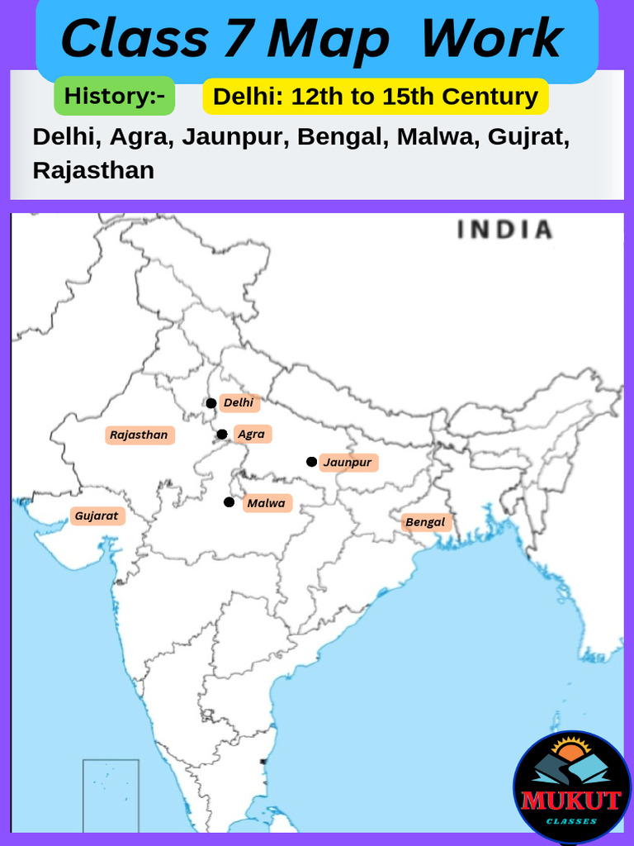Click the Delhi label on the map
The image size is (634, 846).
[239, 403]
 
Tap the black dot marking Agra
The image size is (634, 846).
[221, 435]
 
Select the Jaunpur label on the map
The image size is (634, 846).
[348, 462]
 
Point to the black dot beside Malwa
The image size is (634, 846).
[229, 502]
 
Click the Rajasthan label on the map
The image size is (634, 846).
[139, 435]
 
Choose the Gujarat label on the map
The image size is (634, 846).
[97, 516]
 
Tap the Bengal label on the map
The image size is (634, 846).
[425, 522]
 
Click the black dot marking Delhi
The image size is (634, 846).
[211, 403]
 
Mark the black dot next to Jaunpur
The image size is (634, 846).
[311, 462]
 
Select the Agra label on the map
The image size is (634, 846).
[251, 434]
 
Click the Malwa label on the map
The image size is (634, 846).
[266, 503]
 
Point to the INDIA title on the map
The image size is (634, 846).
[504, 231]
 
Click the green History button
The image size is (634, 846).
[114, 97]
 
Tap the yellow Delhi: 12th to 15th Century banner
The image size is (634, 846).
[376, 97]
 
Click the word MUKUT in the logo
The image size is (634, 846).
[571, 801]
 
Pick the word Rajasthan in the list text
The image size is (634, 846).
[93, 170]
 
